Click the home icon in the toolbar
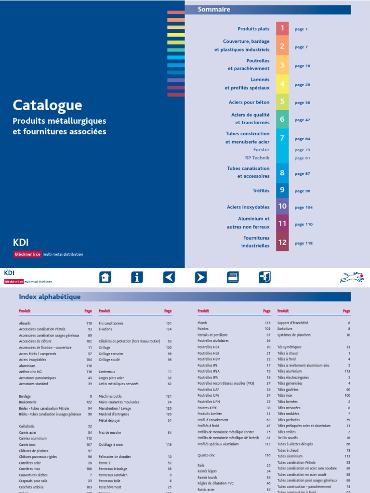coord(105,277)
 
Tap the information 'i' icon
coord(137,277)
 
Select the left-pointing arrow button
coord(169,277)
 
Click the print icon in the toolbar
coord(233,277)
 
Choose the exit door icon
coord(264,277)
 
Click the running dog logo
coord(352,277)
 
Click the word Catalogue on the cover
coord(47,105)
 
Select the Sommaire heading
coord(214,10)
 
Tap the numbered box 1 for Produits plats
coord(282,29)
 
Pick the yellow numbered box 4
coord(282,84)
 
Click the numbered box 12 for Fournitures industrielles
coord(282,242)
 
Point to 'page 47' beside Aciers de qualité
coord(303,120)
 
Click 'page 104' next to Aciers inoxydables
coord(304,208)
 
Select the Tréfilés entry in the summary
coord(261,191)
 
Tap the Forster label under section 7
coord(261,150)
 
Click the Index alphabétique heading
coord(50,297)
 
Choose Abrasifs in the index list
coord(25,323)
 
